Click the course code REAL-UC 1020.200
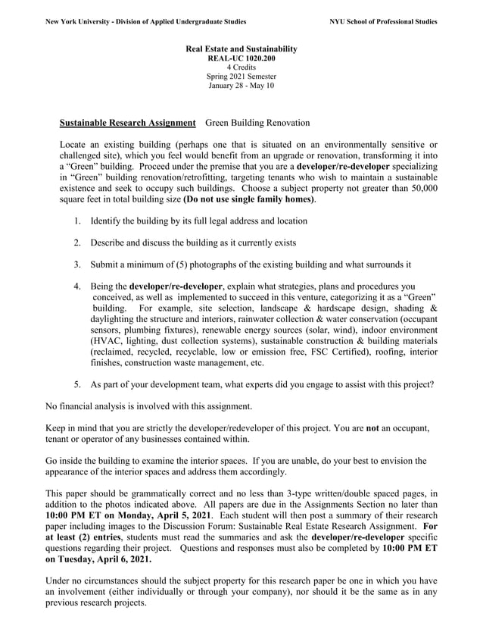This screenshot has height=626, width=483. coord(241,58)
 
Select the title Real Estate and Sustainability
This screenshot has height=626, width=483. coord(241,49)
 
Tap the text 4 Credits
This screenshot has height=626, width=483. coord(241,67)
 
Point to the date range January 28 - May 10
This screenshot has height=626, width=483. coord(241,86)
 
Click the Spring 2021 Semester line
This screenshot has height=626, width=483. coord(241,77)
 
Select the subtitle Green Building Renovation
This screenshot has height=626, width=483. coord(257,123)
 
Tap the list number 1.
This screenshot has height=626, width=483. coord(77,221)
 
